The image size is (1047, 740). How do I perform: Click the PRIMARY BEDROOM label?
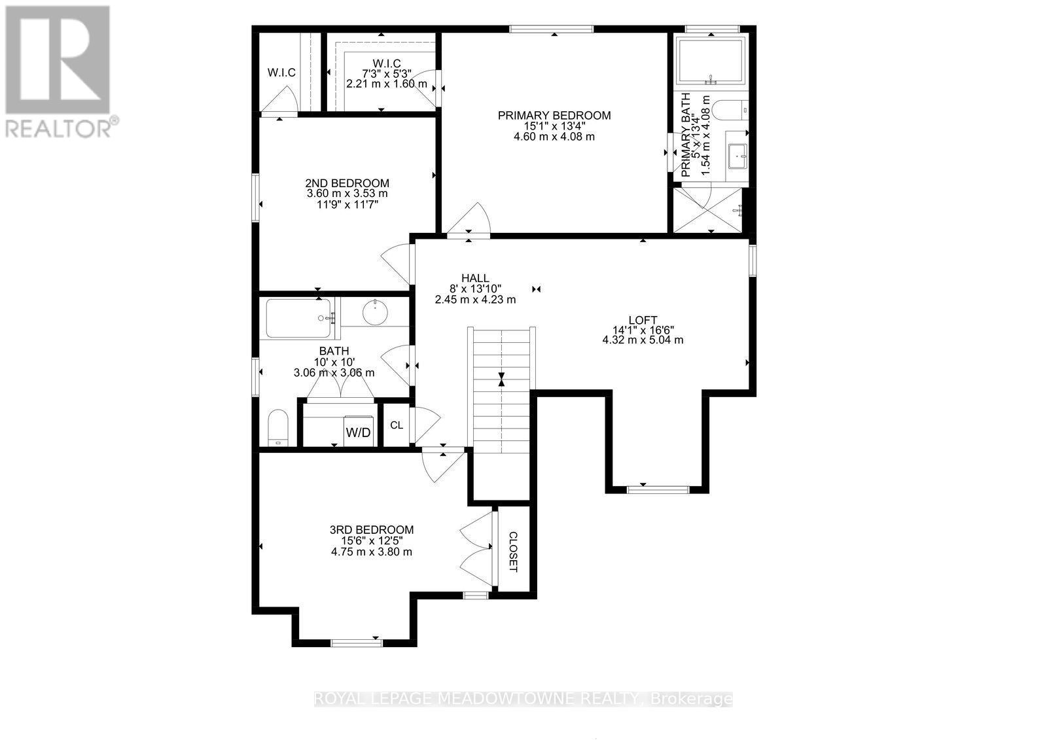click(554, 116)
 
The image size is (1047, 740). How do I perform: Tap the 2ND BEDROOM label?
click(347, 183)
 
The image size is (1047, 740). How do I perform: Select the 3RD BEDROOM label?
click(372, 530)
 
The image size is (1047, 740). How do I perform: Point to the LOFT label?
click(643, 319)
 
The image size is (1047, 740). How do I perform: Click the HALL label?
click(475, 278)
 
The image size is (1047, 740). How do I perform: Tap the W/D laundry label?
click(358, 432)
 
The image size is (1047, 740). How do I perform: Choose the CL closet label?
click(397, 425)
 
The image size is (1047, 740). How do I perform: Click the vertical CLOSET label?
click(513, 551)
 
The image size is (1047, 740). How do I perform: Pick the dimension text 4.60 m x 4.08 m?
click(554, 137)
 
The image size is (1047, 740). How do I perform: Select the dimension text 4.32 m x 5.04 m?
click(643, 340)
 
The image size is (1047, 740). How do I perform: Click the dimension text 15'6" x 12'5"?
click(372, 541)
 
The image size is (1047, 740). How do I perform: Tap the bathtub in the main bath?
click(298, 318)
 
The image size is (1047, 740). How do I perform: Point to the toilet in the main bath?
click(278, 427)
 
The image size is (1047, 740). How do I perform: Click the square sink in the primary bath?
click(737, 156)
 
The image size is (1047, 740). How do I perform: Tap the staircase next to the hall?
click(501, 391)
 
